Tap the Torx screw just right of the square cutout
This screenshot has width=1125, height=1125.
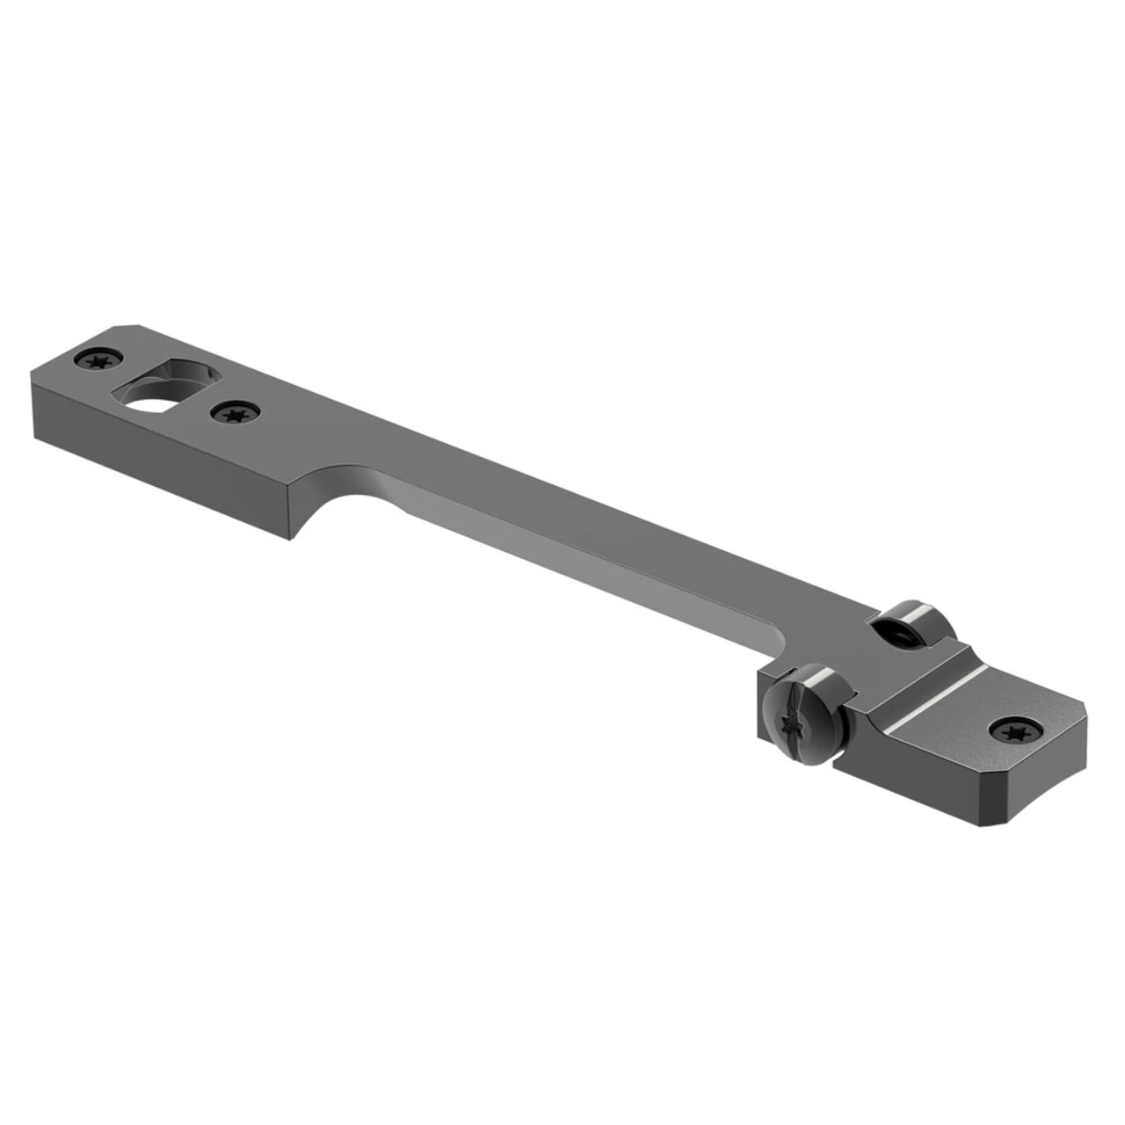pos(232,411)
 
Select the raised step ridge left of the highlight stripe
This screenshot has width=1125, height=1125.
pos(888,694)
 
